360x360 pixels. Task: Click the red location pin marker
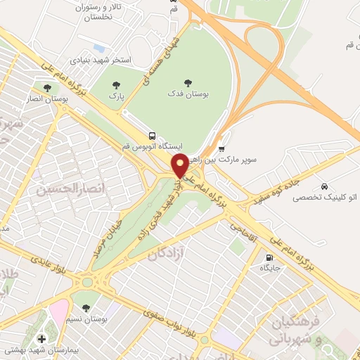pos(180,165)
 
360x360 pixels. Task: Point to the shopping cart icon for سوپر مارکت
pos(222,148)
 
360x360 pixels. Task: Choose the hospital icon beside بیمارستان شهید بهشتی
pos(41,340)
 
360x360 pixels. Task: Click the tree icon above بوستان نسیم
pos(86,308)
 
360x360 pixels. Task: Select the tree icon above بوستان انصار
pos(47,88)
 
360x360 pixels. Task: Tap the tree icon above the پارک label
pos(117,84)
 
